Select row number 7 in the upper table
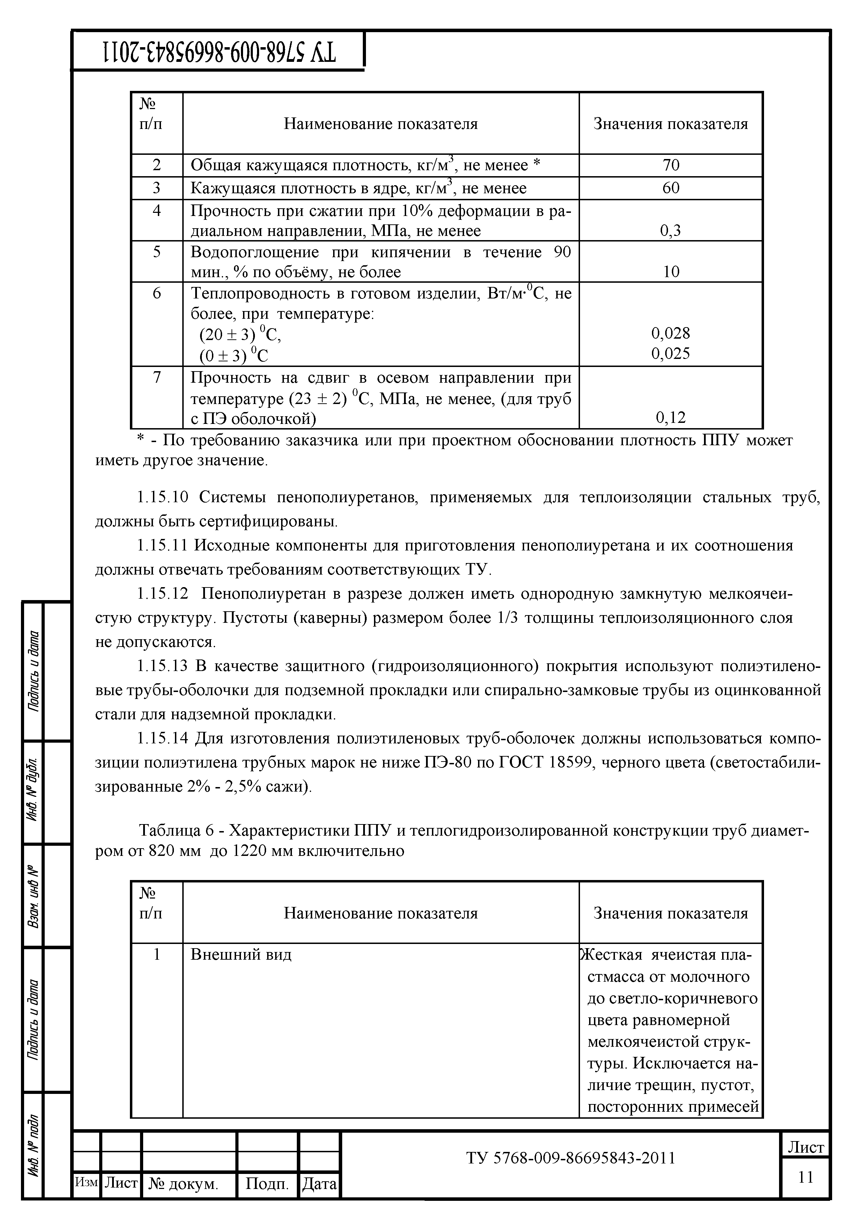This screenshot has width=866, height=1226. point(156,377)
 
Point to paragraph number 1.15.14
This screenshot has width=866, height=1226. point(163,738)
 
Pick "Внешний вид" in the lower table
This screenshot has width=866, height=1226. point(241,954)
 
